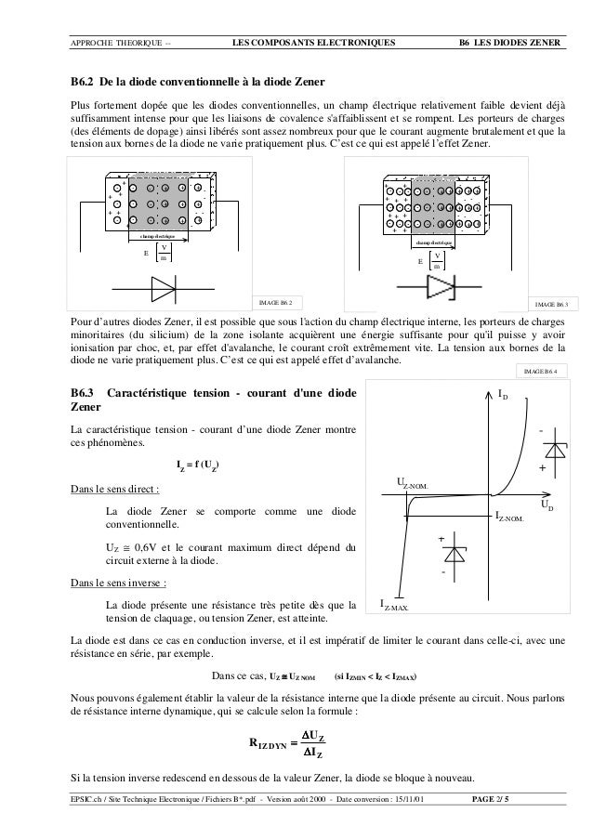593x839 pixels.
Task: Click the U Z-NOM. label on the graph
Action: click(414, 483)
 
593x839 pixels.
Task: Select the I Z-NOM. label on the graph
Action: click(509, 515)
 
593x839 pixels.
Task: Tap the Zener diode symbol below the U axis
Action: click(455, 555)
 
